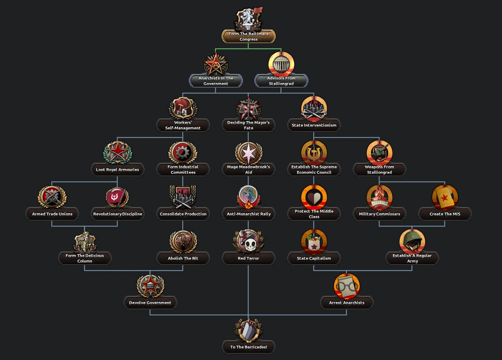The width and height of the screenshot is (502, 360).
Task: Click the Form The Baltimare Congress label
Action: coord(249,37)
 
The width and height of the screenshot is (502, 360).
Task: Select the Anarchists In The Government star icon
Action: coord(216,64)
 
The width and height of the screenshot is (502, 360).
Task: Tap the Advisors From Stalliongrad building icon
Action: coord(281,64)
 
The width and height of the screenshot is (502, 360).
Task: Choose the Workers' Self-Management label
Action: coord(183,125)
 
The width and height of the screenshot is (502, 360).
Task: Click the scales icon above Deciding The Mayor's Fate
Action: coord(249,109)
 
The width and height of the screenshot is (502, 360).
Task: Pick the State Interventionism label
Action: coord(314,125)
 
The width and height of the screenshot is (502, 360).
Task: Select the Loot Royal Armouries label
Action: coord(117,170)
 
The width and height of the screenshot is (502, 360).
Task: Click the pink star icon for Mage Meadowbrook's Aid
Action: coord(249,153)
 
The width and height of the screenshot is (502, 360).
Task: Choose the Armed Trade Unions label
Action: coord(52,214)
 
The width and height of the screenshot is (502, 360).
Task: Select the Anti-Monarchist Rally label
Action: coord(249,214)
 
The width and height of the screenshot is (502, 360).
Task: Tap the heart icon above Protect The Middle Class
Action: coord(314,197)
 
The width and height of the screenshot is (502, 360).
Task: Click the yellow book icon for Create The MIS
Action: coord(445,197)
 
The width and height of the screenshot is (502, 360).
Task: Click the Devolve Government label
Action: coord(150,303)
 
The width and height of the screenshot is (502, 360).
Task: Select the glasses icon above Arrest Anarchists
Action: coord(346,286)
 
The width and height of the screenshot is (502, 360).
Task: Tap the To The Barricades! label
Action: coord(249,347)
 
